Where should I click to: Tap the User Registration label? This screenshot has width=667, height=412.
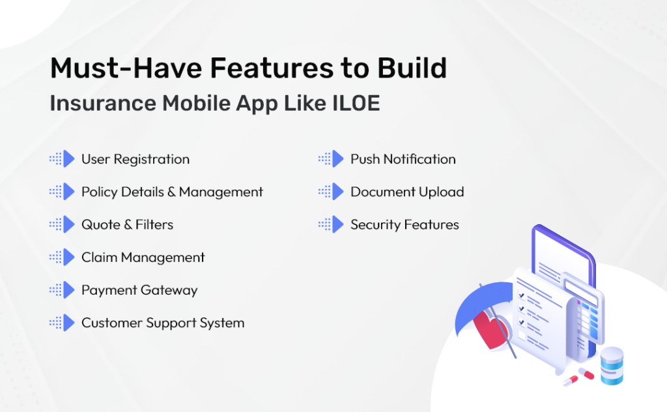[x=135, y=159]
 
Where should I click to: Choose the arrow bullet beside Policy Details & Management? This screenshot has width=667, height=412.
[x=69, y=192]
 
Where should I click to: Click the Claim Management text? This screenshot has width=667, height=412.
[x=143, y=257]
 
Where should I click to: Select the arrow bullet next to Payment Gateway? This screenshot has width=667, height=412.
[x=69, y=290]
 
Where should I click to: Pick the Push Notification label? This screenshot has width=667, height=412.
[x=403, y=159]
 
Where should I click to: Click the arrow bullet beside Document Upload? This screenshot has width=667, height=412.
[x=337, y=192]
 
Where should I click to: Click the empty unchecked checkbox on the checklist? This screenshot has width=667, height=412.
[x=521, y=335]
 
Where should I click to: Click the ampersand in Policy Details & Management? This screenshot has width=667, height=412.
[x=171, y=192]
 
